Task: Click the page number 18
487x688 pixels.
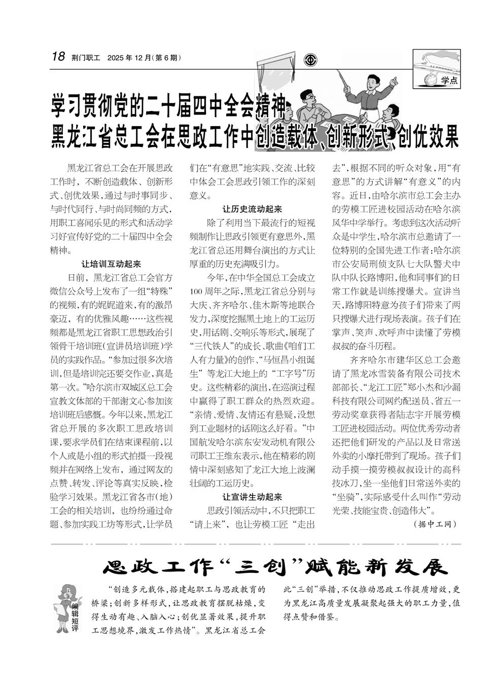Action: (x=58, y=56)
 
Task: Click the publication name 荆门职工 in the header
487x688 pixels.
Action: (x=86, y=57)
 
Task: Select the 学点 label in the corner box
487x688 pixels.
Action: (x=449, y=80)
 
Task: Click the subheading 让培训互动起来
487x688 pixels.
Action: (x=111, y=264)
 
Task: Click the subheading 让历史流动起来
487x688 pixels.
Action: (x=252, y=209)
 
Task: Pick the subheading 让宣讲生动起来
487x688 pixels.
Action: (x=252, y=496)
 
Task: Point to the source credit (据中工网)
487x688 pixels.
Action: (x=435, y=524)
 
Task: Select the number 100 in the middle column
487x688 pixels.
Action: (x=196, y=292)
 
